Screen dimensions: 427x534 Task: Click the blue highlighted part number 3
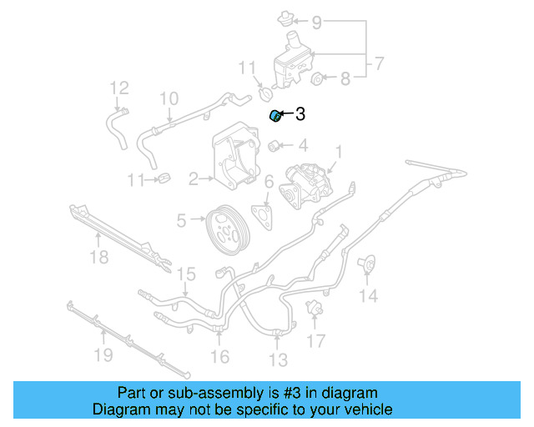pos(274,115)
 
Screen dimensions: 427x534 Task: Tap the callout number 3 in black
pos(300,114)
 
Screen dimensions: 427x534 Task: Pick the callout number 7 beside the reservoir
pos(378,63)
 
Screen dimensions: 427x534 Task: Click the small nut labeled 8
pos(317,80)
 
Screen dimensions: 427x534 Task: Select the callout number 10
pos(169,99)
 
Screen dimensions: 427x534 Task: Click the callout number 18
pos(98,258)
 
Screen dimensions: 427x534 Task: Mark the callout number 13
pos(278,359)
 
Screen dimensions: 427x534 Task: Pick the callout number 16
pos(219,357)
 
